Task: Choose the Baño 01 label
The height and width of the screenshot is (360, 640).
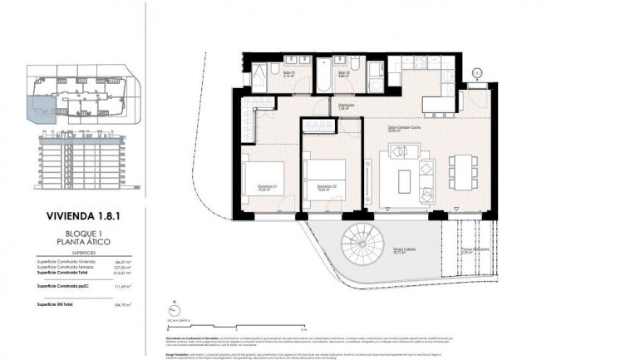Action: pos(290,74)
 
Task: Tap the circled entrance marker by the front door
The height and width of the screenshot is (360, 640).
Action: pos(476,73)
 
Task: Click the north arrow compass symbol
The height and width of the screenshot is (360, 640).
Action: pos(170,307)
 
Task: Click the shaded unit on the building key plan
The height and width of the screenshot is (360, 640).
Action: pos(39,109)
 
